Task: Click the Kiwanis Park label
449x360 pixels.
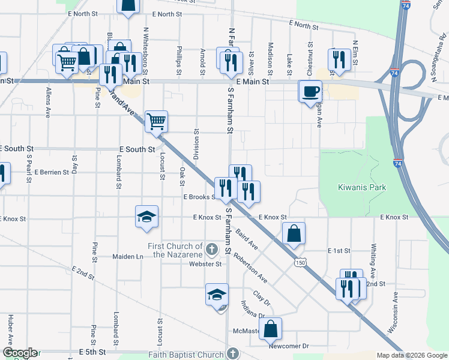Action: click(x=352, y=187)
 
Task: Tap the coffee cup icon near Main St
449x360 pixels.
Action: click(x=310, y=92)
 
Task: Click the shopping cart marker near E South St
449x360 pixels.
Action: click(x=156, y=122)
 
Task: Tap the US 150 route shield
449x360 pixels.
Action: click(x=300, y=263)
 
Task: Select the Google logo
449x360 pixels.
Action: click(x=20, y=353)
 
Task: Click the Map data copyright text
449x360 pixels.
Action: click(x=411, y=355)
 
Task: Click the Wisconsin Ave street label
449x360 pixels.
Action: click(x=392, y=313)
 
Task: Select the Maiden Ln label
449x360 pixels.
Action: click(x=128, y=256)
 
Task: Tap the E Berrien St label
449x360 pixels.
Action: click(x=52, y=172)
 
